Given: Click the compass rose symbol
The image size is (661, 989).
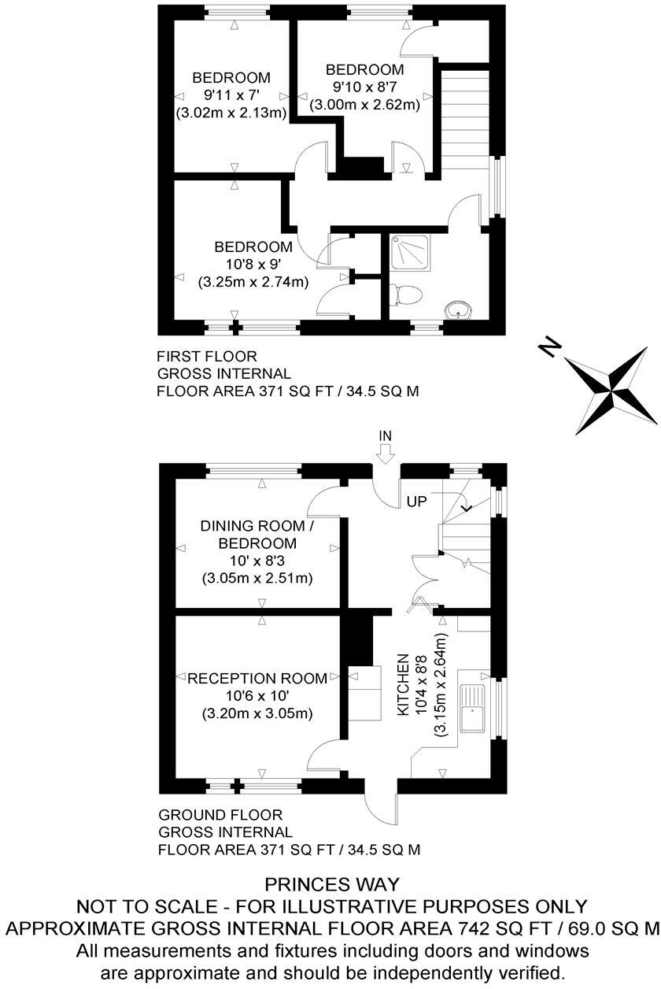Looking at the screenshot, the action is [x=611, y=388].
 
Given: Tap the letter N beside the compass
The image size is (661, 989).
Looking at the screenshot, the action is [x=552, y=346].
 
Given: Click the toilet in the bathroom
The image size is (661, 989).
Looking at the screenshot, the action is [x=408, y=294].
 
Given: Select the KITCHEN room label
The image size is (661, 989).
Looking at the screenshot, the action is [x=403, y=684].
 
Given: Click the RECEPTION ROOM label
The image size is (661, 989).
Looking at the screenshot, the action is [x=257, y=679].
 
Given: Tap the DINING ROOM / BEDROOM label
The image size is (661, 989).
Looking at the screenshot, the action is [x=258, y=535].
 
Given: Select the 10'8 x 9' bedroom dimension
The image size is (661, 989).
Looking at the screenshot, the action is [x=253, y=264].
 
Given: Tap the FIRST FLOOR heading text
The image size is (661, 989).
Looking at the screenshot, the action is [x=207, y=357].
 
